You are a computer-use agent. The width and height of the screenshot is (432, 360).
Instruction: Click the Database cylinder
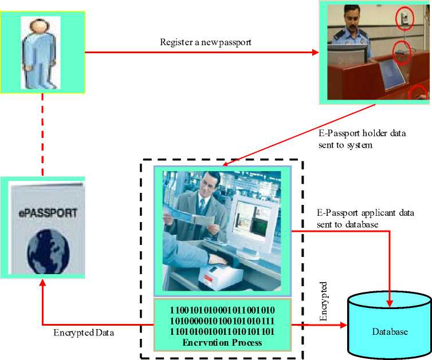(390, 324)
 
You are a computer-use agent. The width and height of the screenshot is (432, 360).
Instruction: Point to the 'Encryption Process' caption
(222, 342)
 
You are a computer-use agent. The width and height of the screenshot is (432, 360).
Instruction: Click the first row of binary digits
(222, 310)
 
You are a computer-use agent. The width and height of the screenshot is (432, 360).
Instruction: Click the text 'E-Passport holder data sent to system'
(362, 139)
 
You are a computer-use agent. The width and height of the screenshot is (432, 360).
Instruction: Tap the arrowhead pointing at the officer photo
(316, 53)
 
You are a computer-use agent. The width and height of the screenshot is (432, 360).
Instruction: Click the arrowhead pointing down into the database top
(390, 299)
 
